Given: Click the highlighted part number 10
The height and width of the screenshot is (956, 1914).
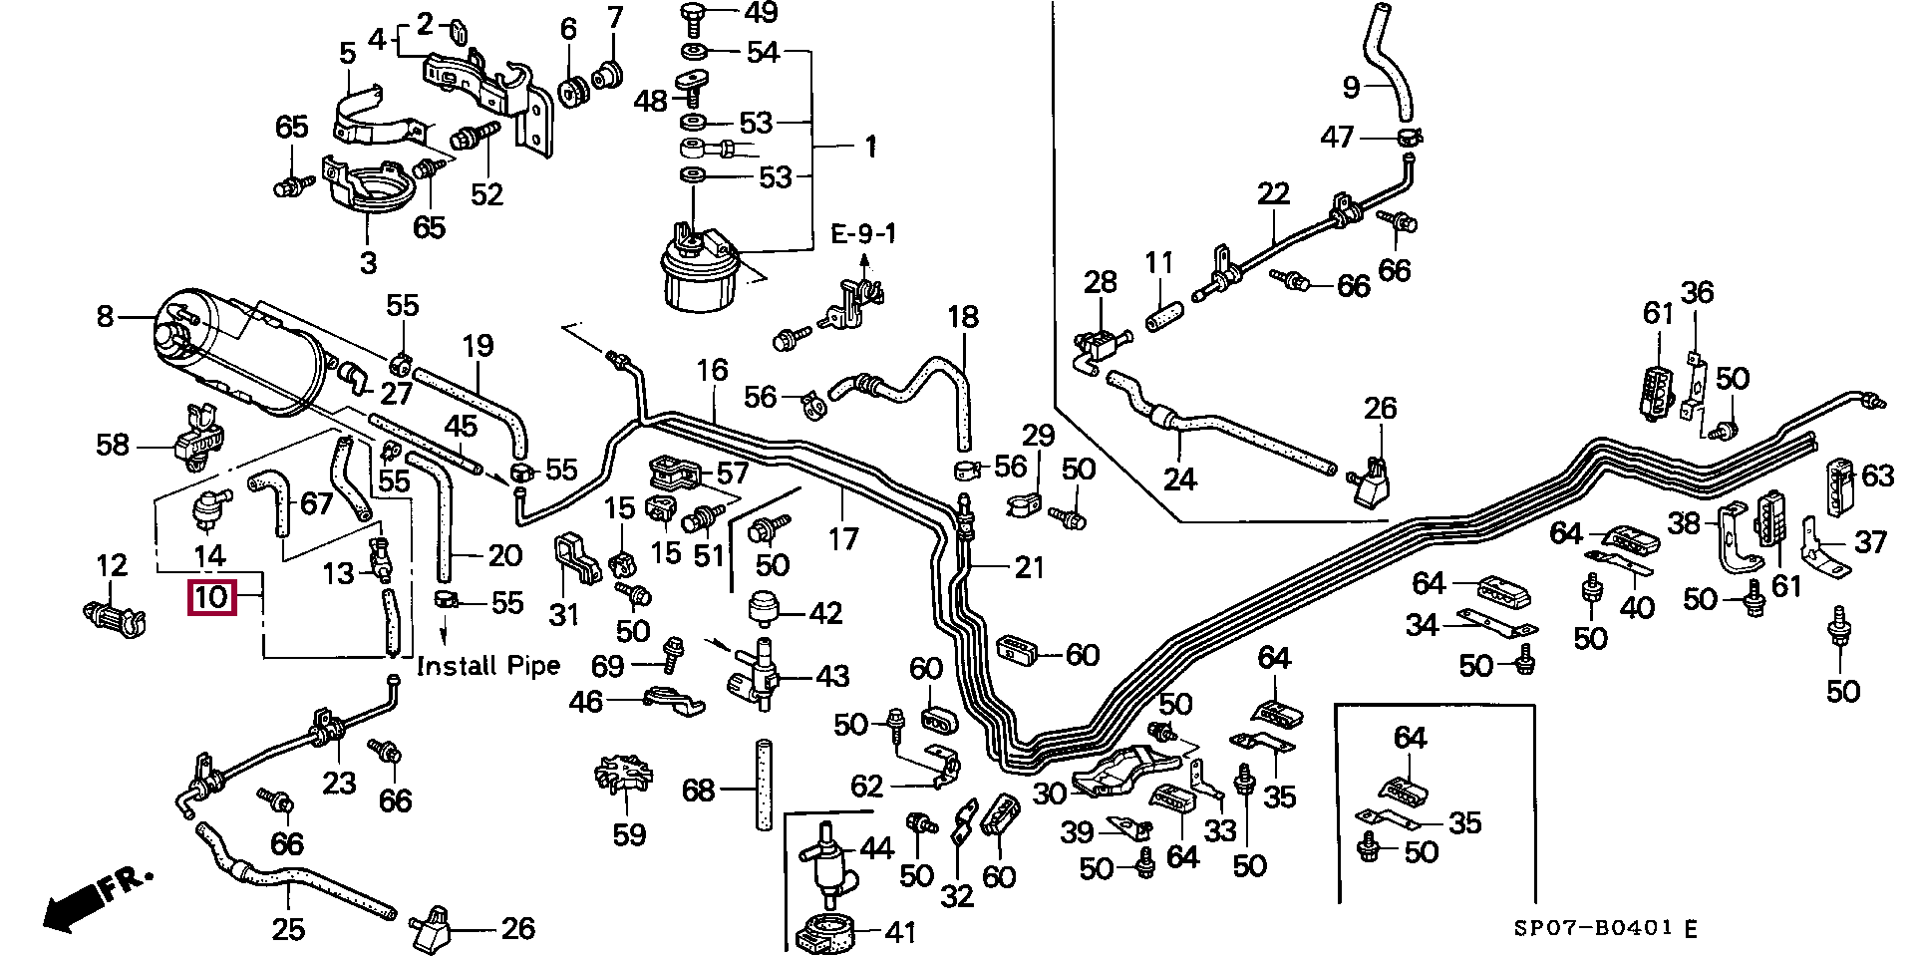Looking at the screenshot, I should coord(212,598).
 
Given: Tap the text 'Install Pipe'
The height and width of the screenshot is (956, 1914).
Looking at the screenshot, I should coord(487,665).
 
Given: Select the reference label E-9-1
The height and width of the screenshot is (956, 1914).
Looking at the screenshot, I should coord(863,234).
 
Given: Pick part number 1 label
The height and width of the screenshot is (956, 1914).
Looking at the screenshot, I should coord(870,148).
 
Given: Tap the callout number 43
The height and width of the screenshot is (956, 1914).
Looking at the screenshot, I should coord(831,676).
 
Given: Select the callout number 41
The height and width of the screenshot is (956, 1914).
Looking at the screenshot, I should coord(900,933).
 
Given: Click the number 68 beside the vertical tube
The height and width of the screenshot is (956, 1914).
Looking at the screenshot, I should coord(699,791).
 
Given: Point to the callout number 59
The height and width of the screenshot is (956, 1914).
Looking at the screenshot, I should coord(629,833).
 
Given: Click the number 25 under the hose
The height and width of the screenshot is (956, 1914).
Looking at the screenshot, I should coord(288,930).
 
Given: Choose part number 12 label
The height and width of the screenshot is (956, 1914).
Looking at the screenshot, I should coord(112,566).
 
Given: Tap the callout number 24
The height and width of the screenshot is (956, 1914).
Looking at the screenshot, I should coord(1179,479).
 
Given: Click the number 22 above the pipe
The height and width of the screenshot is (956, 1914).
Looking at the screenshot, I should coord(1273,193).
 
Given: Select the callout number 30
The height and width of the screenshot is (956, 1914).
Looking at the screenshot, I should coord(1049,793).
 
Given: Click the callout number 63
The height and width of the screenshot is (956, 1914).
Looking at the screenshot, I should coord(1877,475).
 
